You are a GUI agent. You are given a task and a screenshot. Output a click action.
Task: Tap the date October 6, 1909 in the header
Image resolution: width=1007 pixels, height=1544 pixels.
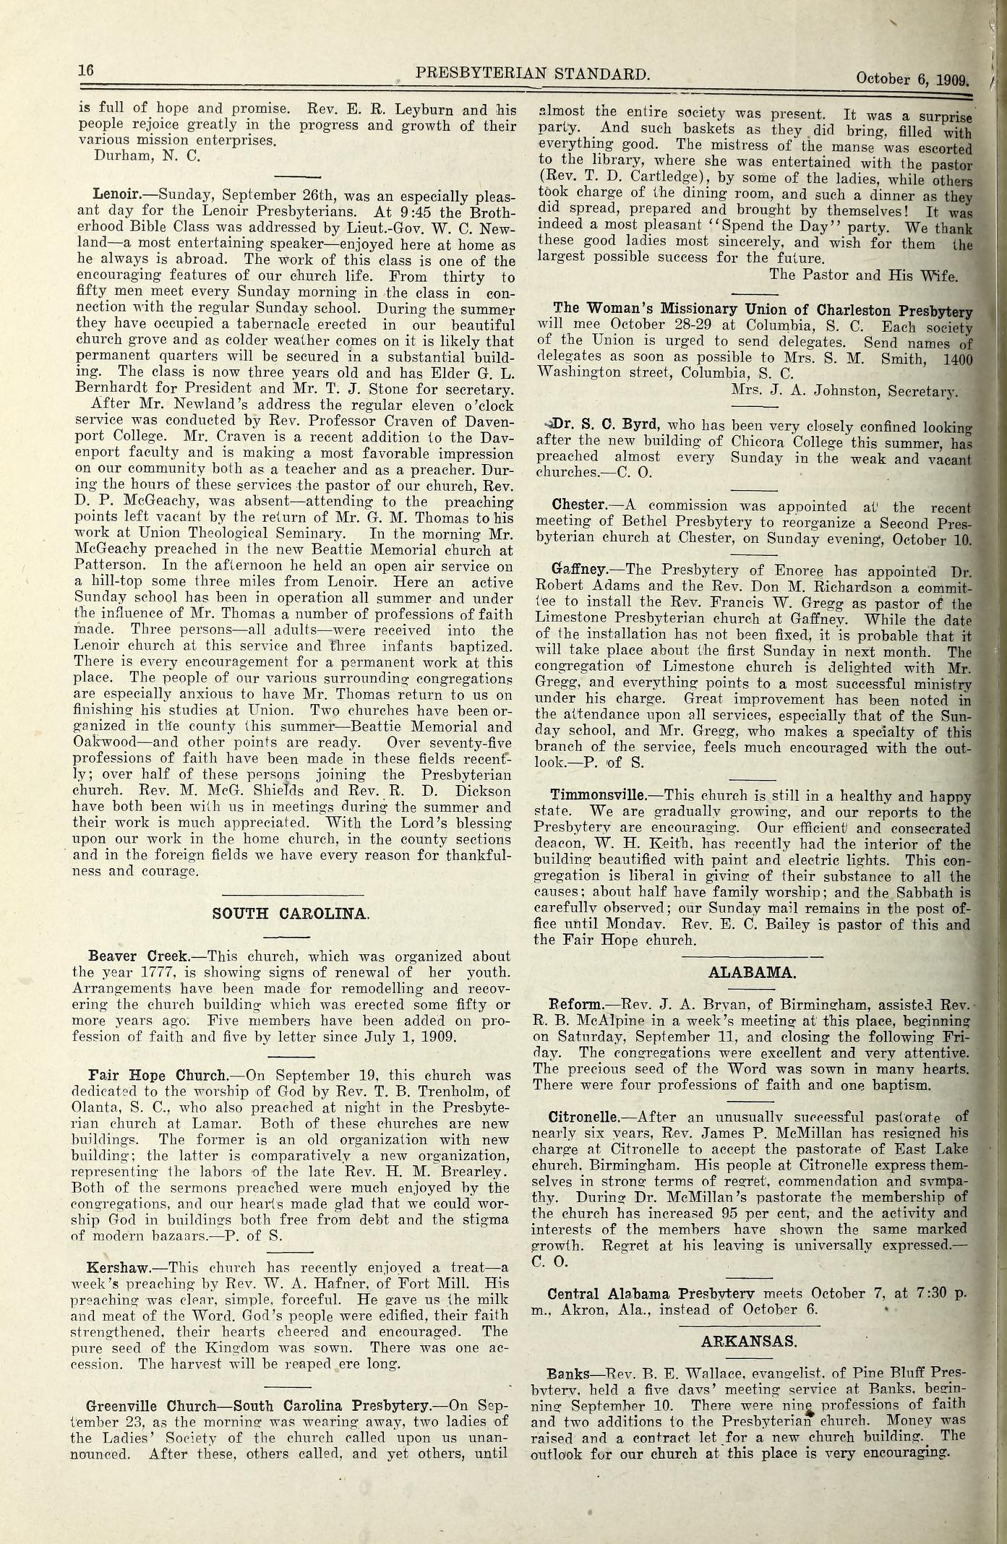[x=914, y=80]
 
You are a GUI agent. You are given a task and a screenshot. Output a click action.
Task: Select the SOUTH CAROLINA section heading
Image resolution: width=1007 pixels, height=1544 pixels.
[x=291, y=913]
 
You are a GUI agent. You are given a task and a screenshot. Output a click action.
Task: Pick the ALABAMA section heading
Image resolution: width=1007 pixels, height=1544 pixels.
[x=753, y=972]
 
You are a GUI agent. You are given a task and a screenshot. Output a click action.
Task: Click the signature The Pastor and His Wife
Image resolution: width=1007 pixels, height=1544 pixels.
[x=863, y=275]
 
